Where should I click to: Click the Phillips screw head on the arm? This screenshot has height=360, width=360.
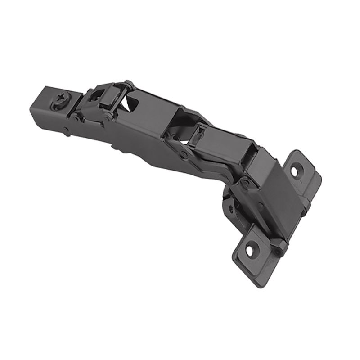pyautogui.click(x=61, y=97)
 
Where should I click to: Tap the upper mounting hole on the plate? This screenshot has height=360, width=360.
pyautogui.click(x=295, y=171)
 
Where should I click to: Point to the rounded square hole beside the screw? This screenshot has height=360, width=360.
pyautogui.click(x=95, y=95)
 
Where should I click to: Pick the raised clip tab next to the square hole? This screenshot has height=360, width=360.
pyautogui.click(x=110, y=97)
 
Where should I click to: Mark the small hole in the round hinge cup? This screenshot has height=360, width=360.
pyautogui.click(x=230, y=207)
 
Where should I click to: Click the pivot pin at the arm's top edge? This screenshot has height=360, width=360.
pyautogui.click(x=129, y=84)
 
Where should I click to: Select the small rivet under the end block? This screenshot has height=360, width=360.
pyautogui.click(x=66, y=131)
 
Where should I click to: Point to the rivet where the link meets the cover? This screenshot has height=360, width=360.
pyautogui.click(x=245, y=182)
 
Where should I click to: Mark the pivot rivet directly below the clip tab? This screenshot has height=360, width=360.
pyautogui.click(x=108, y=118)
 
